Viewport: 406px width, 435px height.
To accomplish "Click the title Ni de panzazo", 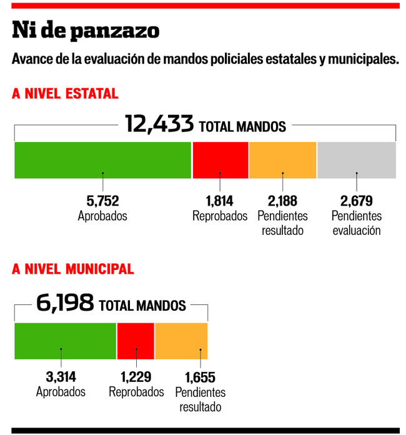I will pos(86,30).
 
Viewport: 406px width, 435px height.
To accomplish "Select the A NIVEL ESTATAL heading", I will pos(65,94).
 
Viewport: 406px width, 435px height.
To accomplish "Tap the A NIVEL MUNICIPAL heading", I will pos(72,269).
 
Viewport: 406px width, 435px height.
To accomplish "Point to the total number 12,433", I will pos(159,124).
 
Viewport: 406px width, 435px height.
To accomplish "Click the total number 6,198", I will pos(65,304).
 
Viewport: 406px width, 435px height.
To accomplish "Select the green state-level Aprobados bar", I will pos(102,160).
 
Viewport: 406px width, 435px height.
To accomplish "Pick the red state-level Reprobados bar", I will pos(220,160).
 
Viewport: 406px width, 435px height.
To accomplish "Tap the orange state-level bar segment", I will pos(282,160).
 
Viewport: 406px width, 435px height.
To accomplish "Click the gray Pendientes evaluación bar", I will pos(357,160).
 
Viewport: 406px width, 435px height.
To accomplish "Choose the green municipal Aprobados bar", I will pos(65,341).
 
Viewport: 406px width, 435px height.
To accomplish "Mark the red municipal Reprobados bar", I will pos(136,341).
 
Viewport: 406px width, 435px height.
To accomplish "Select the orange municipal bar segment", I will pos(181,341).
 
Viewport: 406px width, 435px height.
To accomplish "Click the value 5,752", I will pos(102,201).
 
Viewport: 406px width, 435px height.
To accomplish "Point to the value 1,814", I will pos(220,201).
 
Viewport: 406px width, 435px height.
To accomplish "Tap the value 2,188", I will pos(282,201).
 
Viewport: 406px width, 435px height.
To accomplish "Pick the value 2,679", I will pos(357,201).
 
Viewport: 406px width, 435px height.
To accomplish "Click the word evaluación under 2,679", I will pos(357,230).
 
